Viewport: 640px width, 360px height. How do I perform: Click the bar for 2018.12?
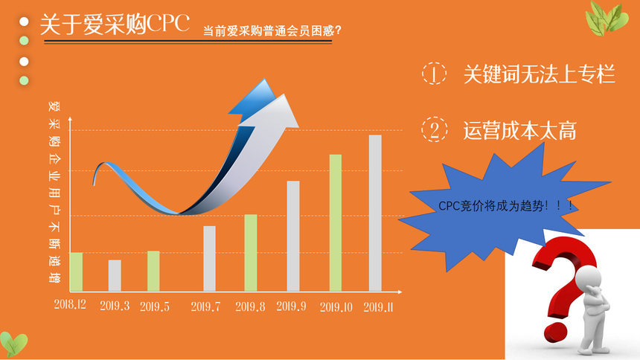click(x=77, y=271)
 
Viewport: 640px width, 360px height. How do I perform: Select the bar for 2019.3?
click(x=115, y=275)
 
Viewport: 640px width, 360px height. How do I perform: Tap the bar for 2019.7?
click(x=209, y=258)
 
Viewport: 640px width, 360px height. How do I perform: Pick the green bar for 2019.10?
click(x=336, y=223)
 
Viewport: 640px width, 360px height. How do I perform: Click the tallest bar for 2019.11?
click(x=375, y=213)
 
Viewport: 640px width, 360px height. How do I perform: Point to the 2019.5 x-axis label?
click(x=155, y=306)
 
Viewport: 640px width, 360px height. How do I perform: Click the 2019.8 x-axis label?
click(x=250, y=306)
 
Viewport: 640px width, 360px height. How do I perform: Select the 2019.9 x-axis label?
click(x=291, y=306)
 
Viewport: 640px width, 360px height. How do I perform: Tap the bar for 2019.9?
click(x=293, y=236)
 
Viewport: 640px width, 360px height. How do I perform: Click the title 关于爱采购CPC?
click(x=115, y=24)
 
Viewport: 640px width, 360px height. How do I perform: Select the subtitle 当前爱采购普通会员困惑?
click(x=272, y=30)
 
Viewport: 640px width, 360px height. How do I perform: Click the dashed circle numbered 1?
click(x=434, y=74)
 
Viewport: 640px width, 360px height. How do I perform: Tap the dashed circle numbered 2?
click(x=435, y=129)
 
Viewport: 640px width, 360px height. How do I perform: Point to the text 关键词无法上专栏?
click(x=540, y=74)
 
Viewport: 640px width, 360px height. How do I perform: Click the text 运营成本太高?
click(x=519, y=131)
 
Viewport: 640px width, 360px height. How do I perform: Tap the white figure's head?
click(x=589, y=278)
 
